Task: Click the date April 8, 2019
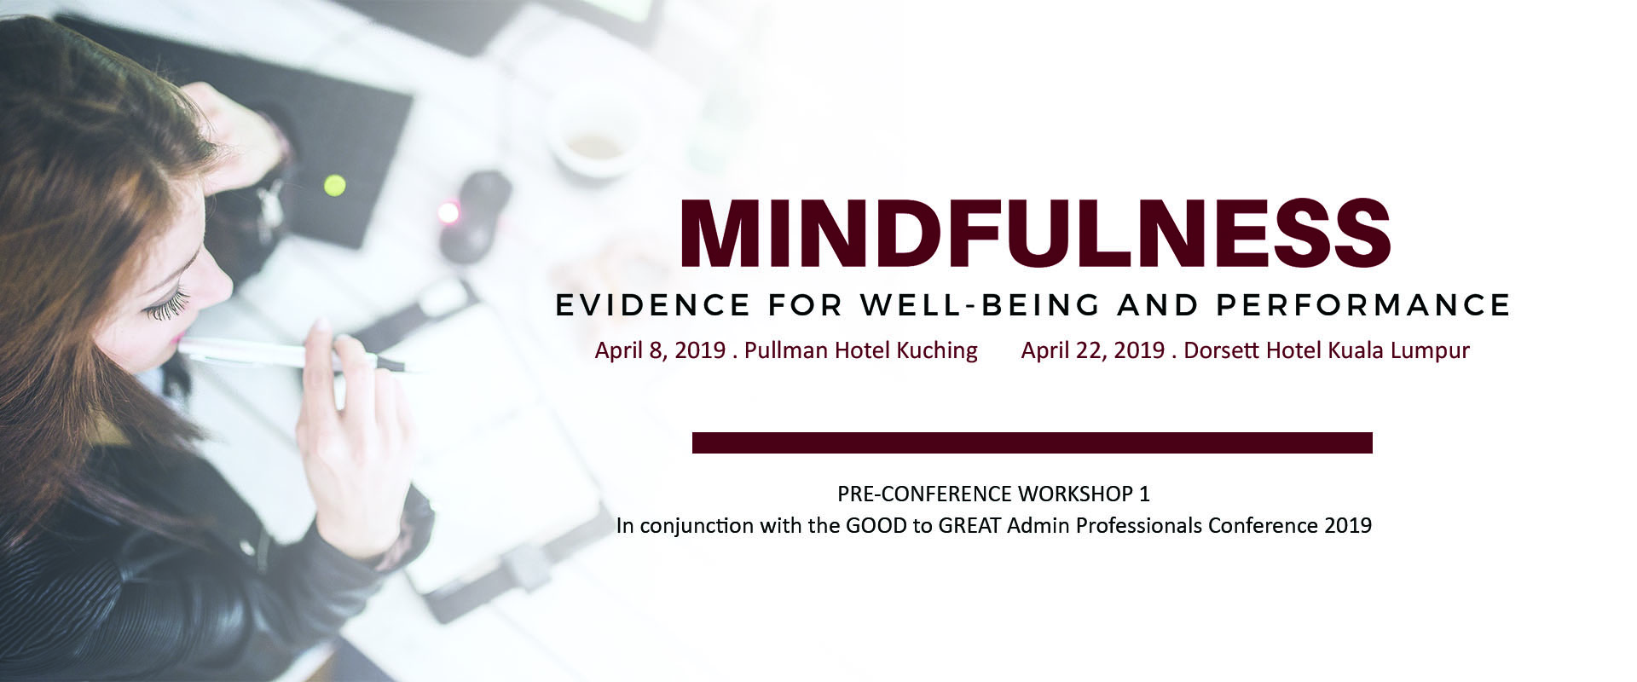[x=660, y=350]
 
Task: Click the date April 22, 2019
[x=1092, y=350]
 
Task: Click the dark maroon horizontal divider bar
[x=1032, y=442]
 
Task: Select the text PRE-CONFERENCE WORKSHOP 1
[x=993, y=494]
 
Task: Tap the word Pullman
[x=787, y=350]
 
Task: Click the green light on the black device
[x=335, y=184]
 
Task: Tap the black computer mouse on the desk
[x=476, y=213]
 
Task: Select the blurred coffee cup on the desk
[x=595, y=141]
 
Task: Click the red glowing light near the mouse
[x=445, y=212]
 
